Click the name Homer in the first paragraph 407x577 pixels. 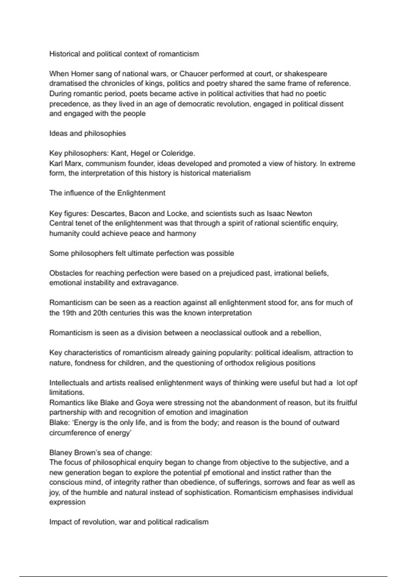coord(81,74)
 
